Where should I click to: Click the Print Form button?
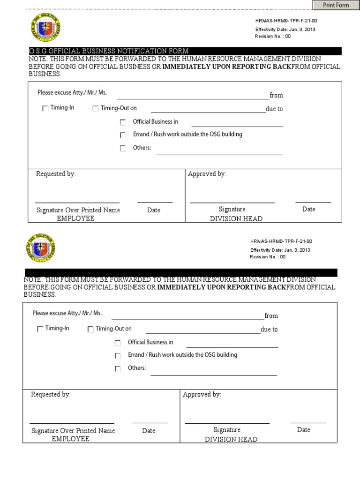pyautogui.click(x=336, y=5)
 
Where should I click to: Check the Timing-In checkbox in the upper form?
pyautogui.click(x=45, y=108)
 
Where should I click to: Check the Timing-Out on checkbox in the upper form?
pyautogui.click(x=96, y=108)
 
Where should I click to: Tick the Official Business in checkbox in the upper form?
pyautogui.click(x=123, y=122)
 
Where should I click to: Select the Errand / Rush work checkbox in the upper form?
pyautogui.click(x=123, y=135)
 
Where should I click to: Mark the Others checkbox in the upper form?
pyautogui.click(x=123, y=149)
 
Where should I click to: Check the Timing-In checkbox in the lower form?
pyautogui.click(x=40, y=329)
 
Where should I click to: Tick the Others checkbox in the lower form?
pyautogui.click(x=118, y=369)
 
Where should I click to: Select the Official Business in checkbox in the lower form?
pyautogui.click(x=118, y=343)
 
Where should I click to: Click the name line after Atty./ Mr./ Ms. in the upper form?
pyautogui.click(x=193, y=96)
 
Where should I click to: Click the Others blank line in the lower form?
pyautogui.click(x=214, y=372)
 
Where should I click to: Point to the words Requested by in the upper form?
pyautogui.click(x=56, y=174)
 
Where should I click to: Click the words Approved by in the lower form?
pyautogui.click(x=202, y=395)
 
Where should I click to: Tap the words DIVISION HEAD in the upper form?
pyautogui.click(x=236, y=219)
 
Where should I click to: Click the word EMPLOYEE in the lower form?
pyautogui.click(x=70, y=439)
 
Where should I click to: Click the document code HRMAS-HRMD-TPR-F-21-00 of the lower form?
pyautogui.click(x=281, y=241)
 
